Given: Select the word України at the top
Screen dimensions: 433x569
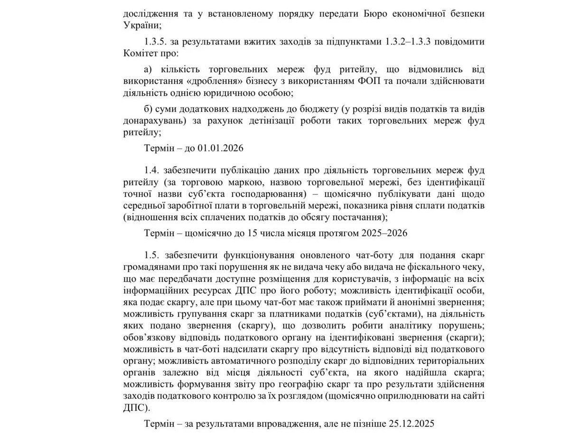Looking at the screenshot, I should coord(139,25).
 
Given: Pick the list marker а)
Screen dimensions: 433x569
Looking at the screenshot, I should coord(149,70).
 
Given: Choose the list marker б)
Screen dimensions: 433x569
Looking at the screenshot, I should coord(149,109).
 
